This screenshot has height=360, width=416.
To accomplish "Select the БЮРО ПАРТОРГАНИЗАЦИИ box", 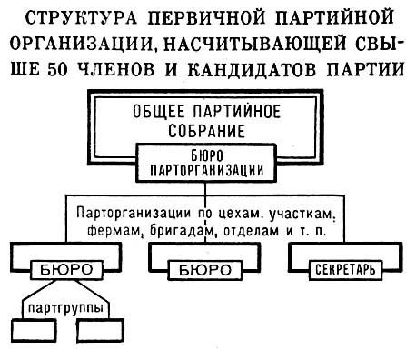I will (x=207, y=161).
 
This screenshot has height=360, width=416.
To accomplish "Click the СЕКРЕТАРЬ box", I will (x=343, y=269).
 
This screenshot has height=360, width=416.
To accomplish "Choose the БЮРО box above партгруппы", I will (x=67, y=269).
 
